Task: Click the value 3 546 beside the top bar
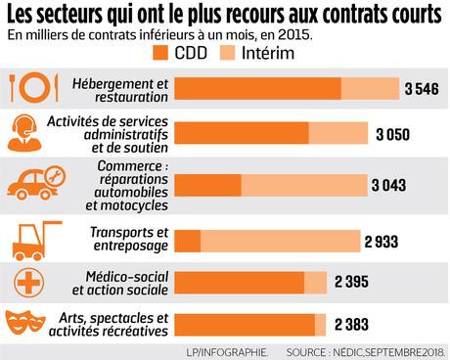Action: pos(421,88)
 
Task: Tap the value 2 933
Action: pos(382,240)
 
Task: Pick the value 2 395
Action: pos(351,282)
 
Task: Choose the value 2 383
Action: pos(351,324)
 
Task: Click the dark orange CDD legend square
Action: pos(161,52)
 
